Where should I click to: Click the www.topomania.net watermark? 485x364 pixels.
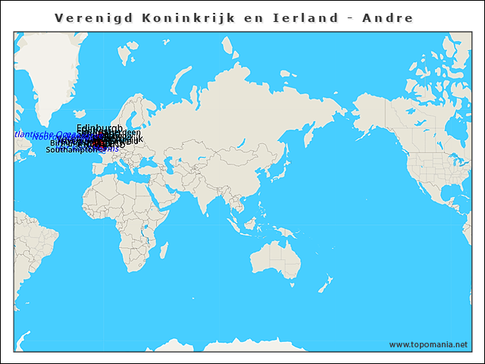(428, 345)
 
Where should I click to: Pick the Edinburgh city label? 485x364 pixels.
(99, 128)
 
